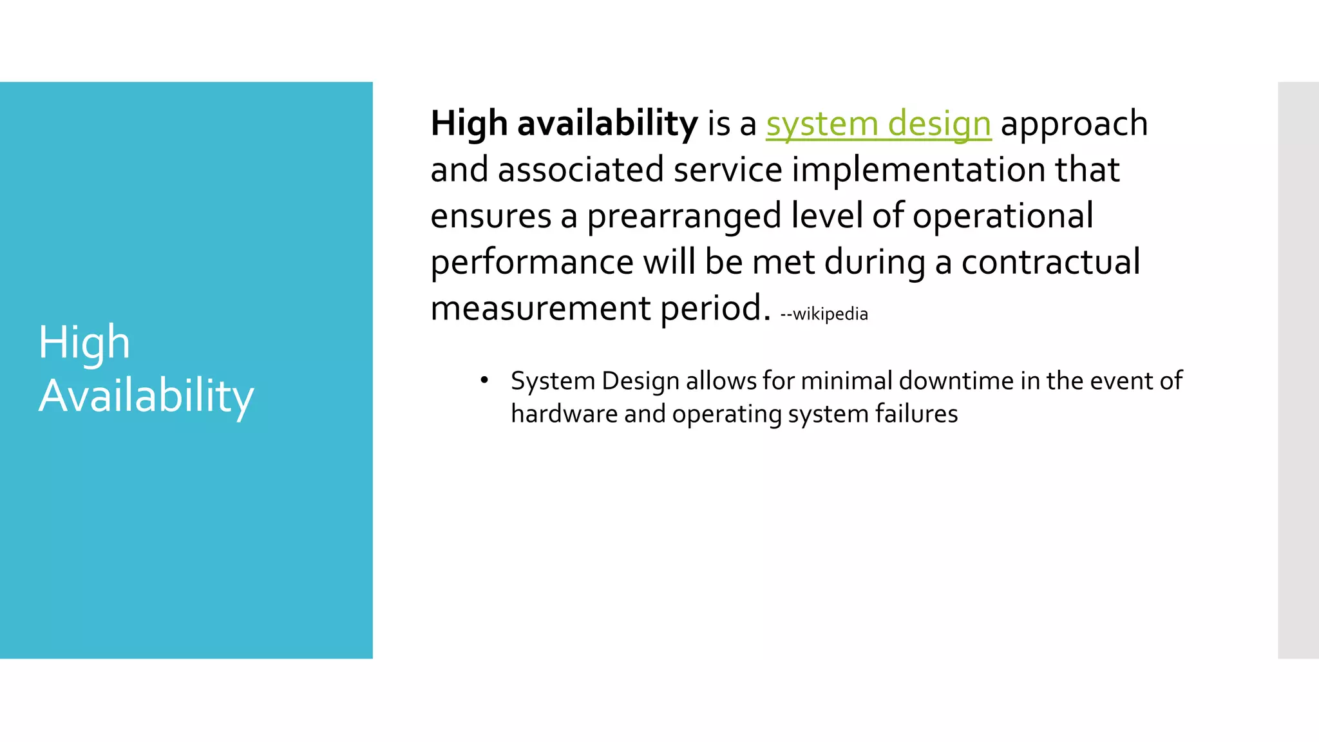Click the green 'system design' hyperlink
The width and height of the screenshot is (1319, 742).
tap(878, 124)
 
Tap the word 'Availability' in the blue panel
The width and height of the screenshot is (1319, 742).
tap(146, 395)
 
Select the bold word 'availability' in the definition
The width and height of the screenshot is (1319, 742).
tap(607, 124)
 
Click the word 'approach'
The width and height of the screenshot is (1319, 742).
tap(1074, 124)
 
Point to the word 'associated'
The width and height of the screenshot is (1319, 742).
tap(580, 170)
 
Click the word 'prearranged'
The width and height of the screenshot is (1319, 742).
tap(684, 216)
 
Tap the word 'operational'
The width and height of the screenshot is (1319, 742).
tap(1003, 216)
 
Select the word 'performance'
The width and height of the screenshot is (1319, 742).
tap(532, 263)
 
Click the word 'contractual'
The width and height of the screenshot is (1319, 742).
tap(1050, 263)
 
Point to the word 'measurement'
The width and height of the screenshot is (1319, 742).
tap(540, 309)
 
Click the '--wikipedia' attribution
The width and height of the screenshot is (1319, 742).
tap(824, 314)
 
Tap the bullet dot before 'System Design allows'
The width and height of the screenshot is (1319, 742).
tap(484, 379)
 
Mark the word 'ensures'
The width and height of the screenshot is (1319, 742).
tap(491, 216)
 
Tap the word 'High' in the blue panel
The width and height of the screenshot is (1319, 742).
tap(84, 342)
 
